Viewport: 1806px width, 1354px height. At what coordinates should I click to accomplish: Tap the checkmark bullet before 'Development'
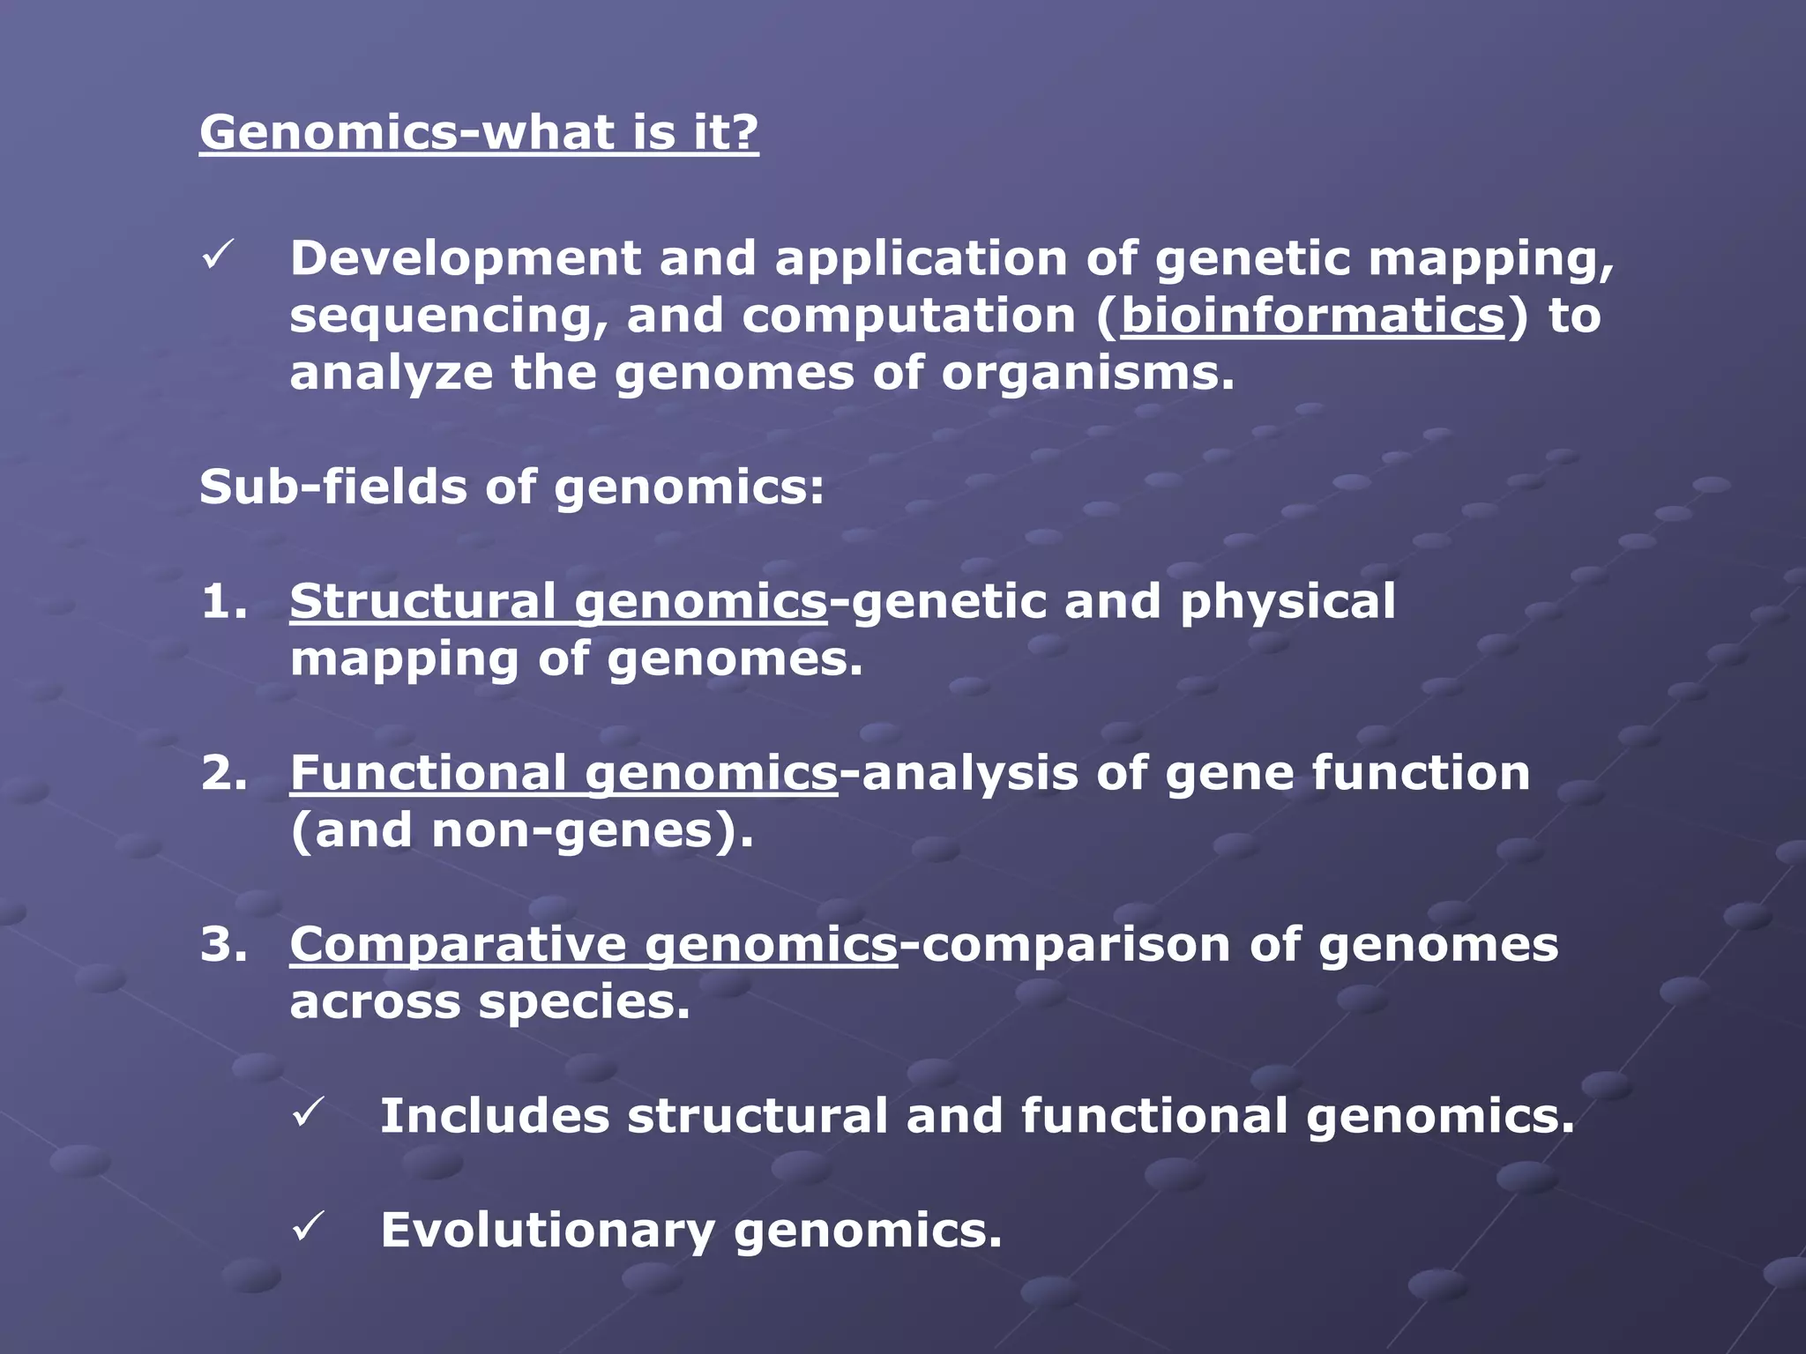click(x=216, y=257)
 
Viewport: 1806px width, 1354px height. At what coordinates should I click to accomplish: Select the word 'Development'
click(x=466, y=259)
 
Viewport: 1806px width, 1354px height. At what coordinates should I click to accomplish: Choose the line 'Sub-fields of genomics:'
click(x=511, y=487)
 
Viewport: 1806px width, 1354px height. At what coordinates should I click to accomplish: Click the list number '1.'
click(x=224, y=602)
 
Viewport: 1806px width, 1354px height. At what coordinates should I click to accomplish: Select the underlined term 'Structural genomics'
click(x=558, y=602)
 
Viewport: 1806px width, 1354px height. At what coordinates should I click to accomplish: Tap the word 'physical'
click(x=1287, y=604)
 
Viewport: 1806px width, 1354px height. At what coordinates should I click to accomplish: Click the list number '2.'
click(x=224, y=773)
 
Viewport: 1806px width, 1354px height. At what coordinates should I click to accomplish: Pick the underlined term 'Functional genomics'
click(x=563, y=774)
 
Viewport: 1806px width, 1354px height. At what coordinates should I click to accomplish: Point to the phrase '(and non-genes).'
click(x=522, y=830)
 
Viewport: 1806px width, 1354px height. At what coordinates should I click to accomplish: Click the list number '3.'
click(x=224, y=945)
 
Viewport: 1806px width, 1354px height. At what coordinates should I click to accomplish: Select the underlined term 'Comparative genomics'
click(x=593, y=946)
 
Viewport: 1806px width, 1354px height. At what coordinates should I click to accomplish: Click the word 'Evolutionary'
click(x=547, y=1230)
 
